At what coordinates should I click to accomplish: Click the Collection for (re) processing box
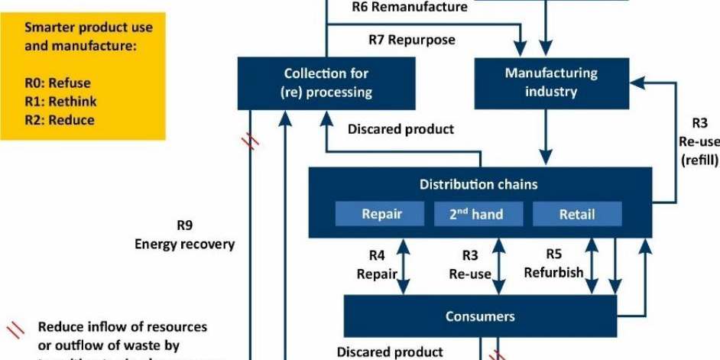tap(326, 83)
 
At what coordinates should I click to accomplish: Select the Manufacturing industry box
tap(550, 83)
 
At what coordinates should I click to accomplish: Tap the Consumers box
tap(480, 316)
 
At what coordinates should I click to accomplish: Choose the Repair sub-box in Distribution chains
tap(380, 214)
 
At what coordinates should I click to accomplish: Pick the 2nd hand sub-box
tap(477, 214)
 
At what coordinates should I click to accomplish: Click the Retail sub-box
tap(576, 214)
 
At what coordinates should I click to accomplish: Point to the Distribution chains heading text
tap(478, 184)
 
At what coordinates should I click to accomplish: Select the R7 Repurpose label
tap(411, 40)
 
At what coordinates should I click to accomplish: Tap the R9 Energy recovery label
tap(184, 235)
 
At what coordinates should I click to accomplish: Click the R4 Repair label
tap(375, 264)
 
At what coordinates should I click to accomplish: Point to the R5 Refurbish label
tap(553, 263)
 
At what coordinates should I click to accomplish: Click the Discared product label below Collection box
tap(401, 129)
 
